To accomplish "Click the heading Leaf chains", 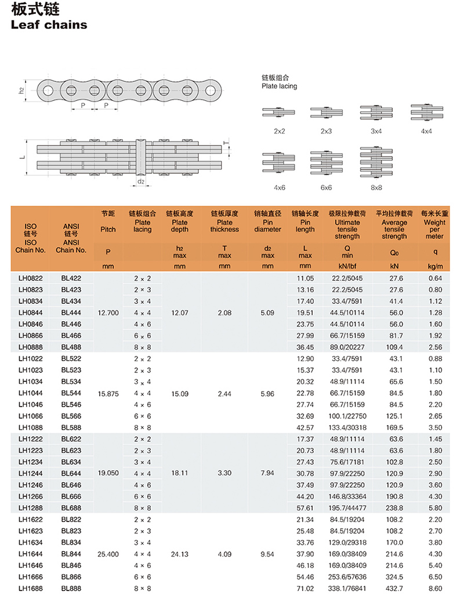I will [49, 25].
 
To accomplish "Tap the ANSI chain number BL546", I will [71, 404].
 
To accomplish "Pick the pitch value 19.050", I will [108, 473].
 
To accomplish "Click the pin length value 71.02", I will [305, 588].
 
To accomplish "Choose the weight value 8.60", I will [435, 588].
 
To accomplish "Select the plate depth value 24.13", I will [180, 554].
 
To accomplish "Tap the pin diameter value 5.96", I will [267, 393].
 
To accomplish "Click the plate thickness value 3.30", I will [224, 473].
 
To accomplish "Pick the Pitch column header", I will [108, 229].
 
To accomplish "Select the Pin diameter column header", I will [267, 226].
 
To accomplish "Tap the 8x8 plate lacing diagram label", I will [376, 187].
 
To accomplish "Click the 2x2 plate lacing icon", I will [279, 113].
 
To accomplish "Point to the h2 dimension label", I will [21, 90].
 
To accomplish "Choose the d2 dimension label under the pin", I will [141, 182].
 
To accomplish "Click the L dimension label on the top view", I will [21, 157].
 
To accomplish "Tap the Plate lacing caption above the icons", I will [279, 86].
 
